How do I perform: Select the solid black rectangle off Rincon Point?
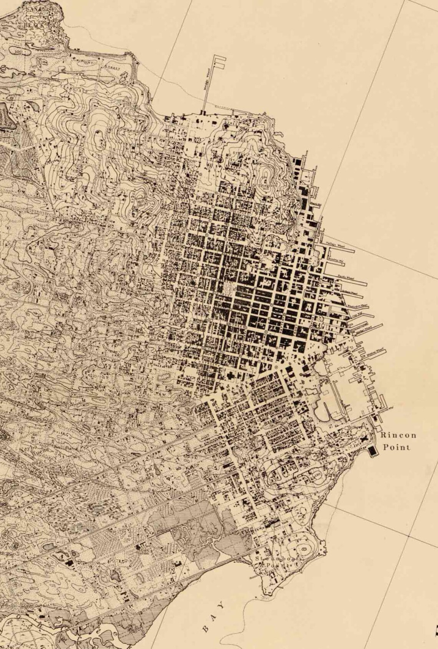(372, 451)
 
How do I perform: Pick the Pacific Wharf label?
(347, 277)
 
